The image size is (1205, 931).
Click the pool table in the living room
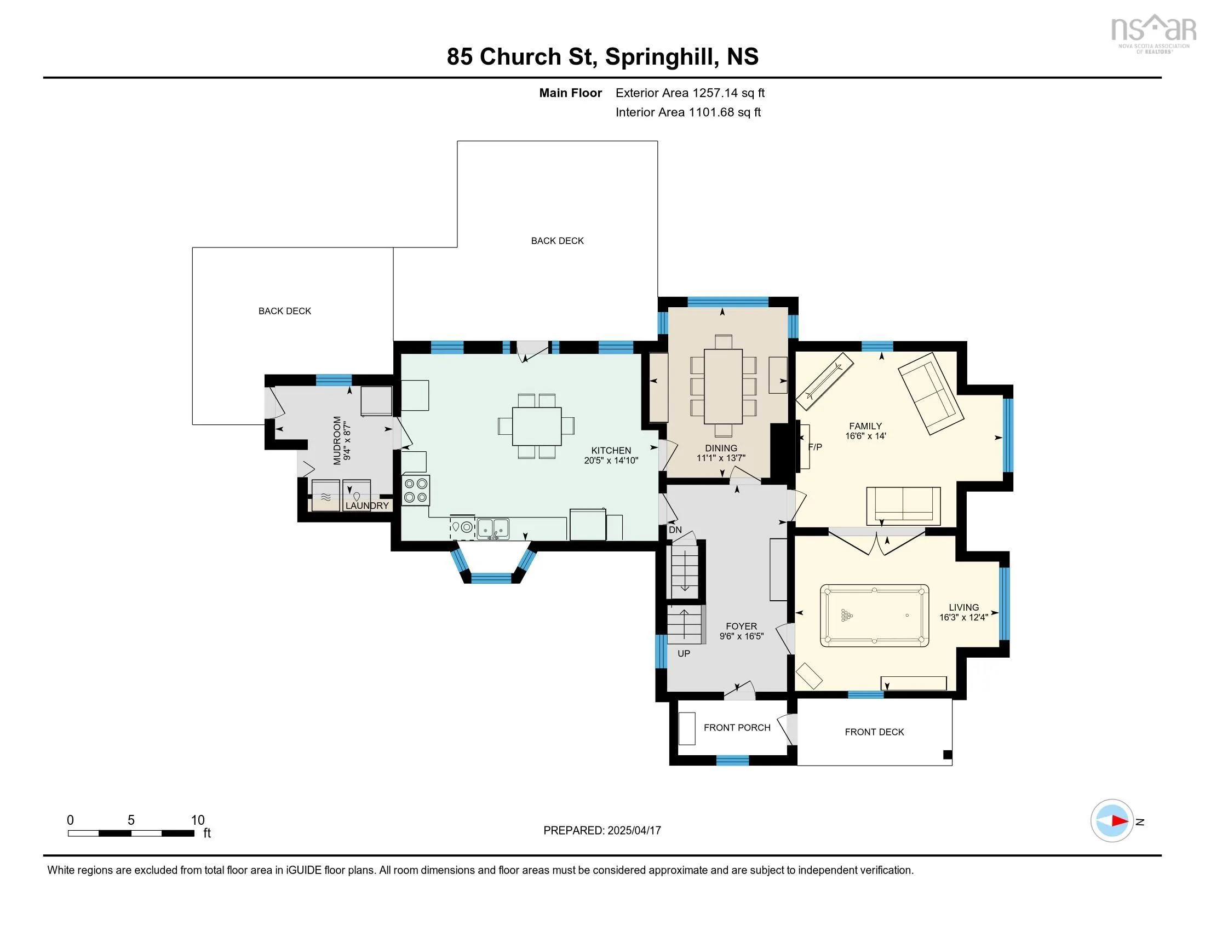point(874,616)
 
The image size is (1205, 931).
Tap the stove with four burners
point(416,490)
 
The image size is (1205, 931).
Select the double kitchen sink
point(493,528)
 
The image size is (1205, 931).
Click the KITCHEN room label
point(611,450)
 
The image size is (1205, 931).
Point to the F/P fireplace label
point(815,447)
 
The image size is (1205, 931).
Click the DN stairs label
point(675,530)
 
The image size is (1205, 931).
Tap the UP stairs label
point(684,653)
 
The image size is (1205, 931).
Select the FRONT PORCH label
point(737,727)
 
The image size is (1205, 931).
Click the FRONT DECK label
point(875,732)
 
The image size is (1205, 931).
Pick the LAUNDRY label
point(367,505)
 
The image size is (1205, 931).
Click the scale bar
point(131,833)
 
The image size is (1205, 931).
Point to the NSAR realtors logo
point(1153,33)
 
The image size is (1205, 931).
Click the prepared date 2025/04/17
point(634,830)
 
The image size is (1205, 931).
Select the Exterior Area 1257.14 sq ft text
point(690,93)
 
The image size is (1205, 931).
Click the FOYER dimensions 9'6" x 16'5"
point(742,636)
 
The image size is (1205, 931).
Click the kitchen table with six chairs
point(536,426)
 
